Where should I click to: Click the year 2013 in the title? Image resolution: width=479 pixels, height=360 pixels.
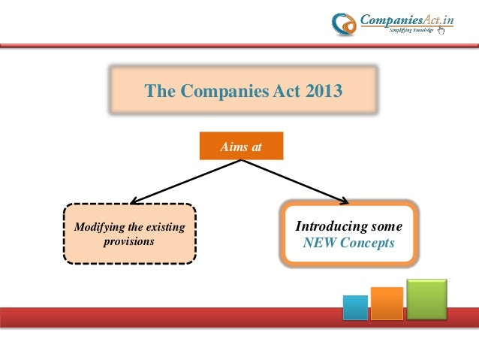(x=324, y=92)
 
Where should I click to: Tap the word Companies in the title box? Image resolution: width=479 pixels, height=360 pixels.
(x=214, y=92)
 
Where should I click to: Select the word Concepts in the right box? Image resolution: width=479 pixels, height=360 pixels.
(x=369, y=244)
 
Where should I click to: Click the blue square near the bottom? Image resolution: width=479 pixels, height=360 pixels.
(x=355, y=307)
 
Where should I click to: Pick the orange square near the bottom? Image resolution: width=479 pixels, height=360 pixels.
(x=387, y=303)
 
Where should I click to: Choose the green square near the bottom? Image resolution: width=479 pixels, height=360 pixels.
(x=426, y=298)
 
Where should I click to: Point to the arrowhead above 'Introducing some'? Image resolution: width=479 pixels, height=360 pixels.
(x=345, y=201)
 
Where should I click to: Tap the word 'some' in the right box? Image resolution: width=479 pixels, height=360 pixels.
(x=387, y=226)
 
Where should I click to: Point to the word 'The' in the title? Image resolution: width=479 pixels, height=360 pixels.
(x=158, y=92)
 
